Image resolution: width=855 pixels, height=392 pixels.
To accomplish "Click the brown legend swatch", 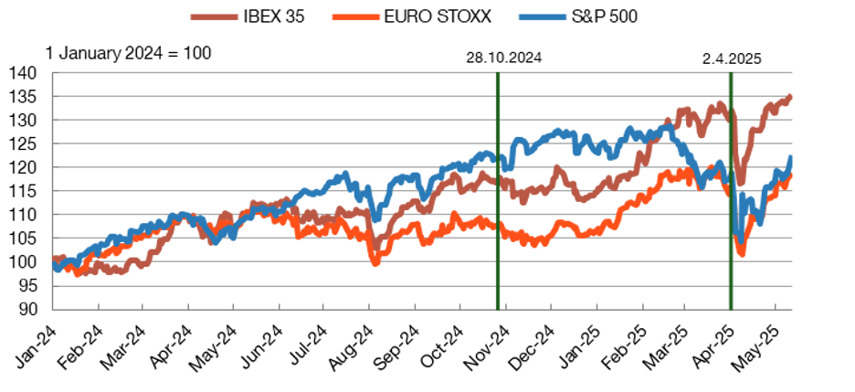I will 214,16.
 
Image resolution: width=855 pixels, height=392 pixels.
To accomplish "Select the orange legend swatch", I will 355,16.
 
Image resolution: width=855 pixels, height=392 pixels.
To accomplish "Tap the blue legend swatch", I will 542,16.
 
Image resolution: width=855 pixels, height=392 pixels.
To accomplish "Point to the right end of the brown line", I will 790,95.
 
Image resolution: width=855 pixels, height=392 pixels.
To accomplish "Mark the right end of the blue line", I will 791,157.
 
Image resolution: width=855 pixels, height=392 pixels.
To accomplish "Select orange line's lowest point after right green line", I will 741,253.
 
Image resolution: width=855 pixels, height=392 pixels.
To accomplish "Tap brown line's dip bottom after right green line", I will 740,183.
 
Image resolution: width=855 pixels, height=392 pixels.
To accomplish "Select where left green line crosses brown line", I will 498,181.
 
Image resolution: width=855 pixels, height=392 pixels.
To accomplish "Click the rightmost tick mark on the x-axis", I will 776,305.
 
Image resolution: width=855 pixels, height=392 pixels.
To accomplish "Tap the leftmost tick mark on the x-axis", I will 98,305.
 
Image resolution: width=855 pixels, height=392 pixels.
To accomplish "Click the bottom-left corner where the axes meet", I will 53,309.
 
